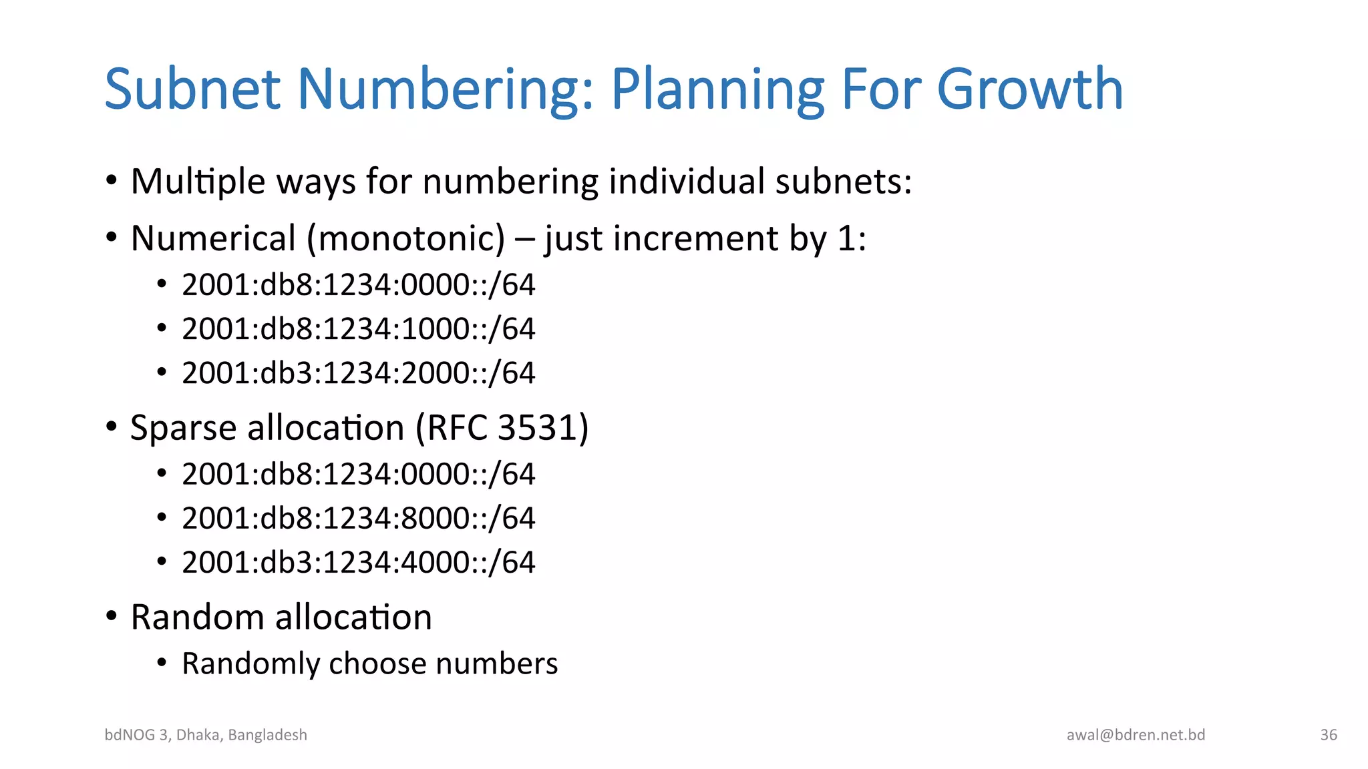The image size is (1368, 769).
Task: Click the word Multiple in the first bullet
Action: (x=198, y=182)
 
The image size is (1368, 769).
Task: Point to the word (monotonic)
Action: (x=405, y=238)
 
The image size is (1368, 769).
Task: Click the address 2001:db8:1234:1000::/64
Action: (x=359, y=329)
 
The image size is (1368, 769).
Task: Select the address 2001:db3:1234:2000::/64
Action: (x=359, y=373)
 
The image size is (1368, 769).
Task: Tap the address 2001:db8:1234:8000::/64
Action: (x=359, y=519)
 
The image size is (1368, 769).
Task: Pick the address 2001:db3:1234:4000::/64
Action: (x=359, y=563)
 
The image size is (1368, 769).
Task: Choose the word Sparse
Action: (x=183, y=428)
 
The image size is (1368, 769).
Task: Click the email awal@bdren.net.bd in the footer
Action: (x=1136, y=735)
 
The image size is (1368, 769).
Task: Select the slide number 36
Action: (x=1329, y=735)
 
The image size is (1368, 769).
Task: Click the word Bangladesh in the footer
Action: (x=267, y=735)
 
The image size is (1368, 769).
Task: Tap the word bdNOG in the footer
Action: (x=130, y=735)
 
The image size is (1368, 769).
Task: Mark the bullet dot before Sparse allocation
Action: (x=112, y=427)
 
